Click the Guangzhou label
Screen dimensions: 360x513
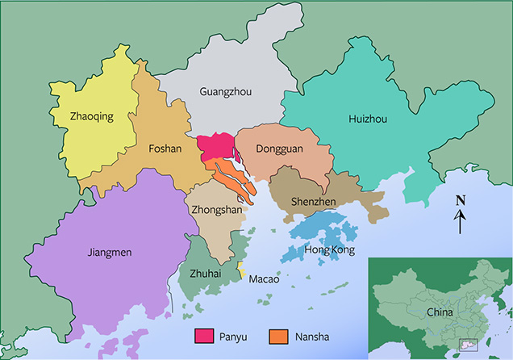[225, 92]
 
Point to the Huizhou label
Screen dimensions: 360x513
[368, 119]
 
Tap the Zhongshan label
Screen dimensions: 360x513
[215, 208]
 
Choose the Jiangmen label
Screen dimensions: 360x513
[109, 253]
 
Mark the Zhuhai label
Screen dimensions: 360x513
[205, 274]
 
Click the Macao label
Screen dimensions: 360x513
[264, 279]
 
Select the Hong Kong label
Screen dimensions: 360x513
[329, 250]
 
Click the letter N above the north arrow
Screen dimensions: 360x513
[460, 201]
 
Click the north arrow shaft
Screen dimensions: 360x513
[460, 223]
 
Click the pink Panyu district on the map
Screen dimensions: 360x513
[214, 148]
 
